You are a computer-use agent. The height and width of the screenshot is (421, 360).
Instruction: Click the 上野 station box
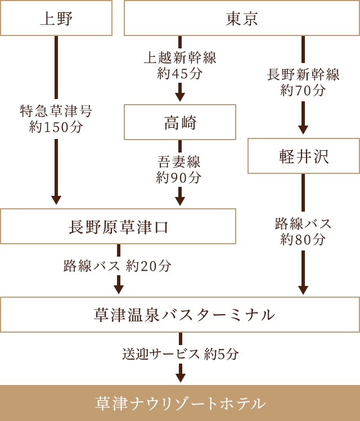tap(56, 19)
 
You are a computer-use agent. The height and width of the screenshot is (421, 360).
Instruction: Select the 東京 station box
tap(242, 19)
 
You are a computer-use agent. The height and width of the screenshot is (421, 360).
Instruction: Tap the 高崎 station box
tap(180, 122)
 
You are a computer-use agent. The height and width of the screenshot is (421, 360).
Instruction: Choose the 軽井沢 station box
tap(303, 156)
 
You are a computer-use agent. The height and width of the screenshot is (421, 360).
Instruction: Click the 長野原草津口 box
tap(118, 226)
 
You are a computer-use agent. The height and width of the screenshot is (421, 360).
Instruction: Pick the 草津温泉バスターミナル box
tap(180, 315)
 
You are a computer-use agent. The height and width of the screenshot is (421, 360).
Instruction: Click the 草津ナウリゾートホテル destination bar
tap(180, 403)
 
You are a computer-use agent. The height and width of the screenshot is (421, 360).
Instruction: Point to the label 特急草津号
tap(56, 111)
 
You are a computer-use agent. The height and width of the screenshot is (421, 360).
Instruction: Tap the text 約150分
tap(56, 127)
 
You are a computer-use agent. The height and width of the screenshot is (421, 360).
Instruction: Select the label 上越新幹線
tap(180, 58)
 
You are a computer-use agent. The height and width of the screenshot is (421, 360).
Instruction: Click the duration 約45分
tap(180, 73)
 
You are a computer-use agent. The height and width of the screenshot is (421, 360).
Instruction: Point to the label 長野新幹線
tap(303, 75)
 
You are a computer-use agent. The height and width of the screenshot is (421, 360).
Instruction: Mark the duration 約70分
tap(303, 90)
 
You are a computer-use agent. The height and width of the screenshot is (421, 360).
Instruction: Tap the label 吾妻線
tap(180, 162)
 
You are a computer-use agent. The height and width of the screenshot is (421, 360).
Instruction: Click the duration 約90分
tap(180, 177)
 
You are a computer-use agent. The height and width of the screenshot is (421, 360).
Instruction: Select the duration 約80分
tap(303, 239)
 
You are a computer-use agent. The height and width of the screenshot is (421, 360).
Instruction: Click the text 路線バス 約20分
tap(118, 266)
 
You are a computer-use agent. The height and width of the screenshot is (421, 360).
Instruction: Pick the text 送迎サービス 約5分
tap(181, 354)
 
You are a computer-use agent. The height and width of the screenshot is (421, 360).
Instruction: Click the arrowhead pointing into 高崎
tap(180, 97)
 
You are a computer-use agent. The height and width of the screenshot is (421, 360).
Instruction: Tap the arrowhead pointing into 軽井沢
tap(303, 130)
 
